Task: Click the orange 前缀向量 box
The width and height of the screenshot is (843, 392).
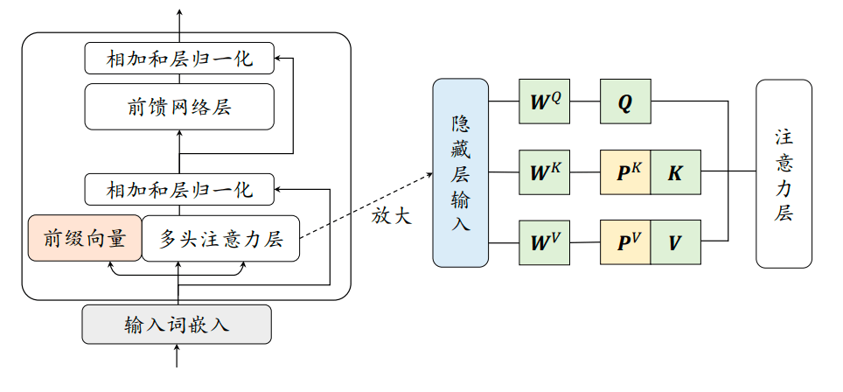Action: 85,238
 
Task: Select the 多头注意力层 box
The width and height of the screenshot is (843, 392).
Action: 220,238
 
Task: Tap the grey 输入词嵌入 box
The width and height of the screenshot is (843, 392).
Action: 178,324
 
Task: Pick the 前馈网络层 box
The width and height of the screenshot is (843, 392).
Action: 179,107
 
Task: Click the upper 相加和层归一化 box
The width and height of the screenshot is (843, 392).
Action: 179,59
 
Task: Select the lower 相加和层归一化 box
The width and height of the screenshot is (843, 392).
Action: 179,188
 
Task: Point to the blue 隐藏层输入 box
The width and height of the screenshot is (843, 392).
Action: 460,172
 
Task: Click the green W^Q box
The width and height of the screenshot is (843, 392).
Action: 545,101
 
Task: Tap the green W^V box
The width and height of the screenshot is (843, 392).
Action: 545,241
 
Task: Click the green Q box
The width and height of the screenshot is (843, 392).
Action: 625,101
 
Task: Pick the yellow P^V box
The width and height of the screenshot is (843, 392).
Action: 625,241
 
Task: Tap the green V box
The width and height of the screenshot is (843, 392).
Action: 675,241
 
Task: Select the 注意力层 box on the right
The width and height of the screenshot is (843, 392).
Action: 784,173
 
